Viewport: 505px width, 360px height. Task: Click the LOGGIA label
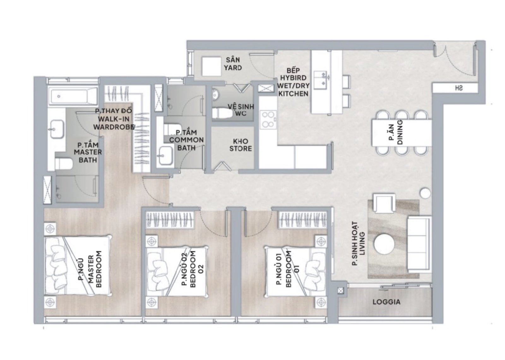pos(386,302)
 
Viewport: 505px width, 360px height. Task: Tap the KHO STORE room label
pos(241,145)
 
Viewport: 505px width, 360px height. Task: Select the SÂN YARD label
pos(233,64)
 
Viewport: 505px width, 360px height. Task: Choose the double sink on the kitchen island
pos(322,79)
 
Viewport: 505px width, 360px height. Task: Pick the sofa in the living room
pos(419,245)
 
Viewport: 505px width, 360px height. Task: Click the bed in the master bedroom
pos(78,266)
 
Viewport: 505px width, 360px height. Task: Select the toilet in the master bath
pos(63,163)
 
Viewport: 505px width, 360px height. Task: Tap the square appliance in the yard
pos(211,66)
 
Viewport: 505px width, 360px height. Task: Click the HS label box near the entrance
pos(454,88)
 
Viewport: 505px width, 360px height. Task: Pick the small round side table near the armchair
pos(425,193)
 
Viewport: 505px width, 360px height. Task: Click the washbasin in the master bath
pos(56,129)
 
